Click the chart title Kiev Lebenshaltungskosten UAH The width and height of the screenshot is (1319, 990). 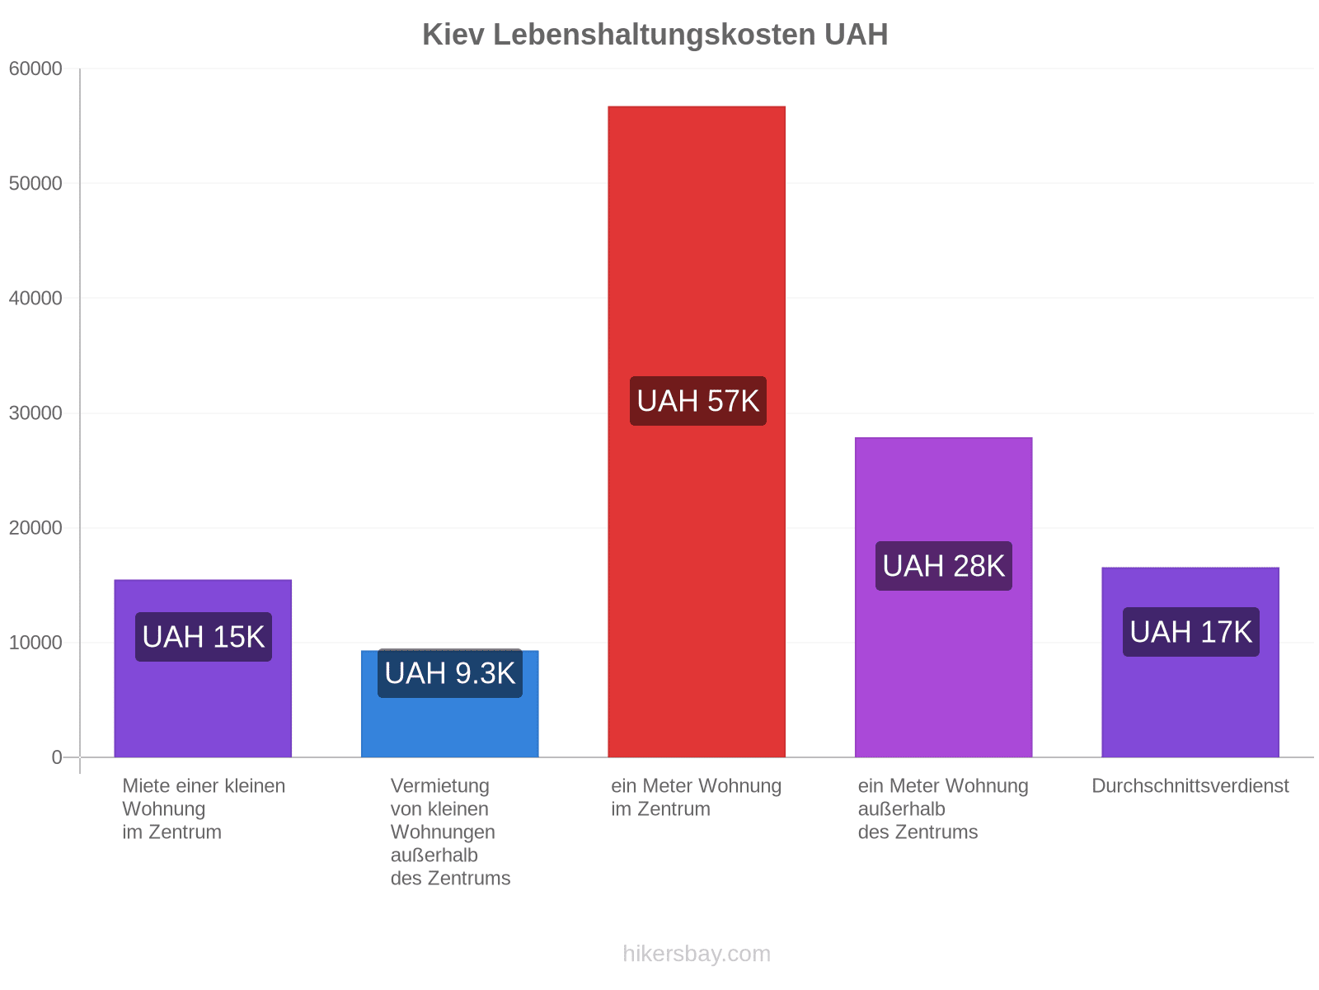tap(655, 35)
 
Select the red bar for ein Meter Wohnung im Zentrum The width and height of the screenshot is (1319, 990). tap(697, 431)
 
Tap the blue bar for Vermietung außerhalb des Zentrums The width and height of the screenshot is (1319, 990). tap(449, 704)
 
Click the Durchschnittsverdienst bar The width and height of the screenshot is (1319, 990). tap(1190, 662)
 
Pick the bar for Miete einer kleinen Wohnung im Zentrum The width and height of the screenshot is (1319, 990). tap(203, 668)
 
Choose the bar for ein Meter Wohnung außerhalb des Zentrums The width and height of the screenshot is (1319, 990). tap(943, 597)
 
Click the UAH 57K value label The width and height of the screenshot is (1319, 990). tap(697, 401)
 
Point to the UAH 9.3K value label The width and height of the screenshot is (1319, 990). tap(449, 673)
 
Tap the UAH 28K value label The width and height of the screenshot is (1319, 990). tap(943, 566)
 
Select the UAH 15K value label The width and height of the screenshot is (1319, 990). tap(204, 637)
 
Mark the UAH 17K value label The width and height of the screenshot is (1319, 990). tap(1190, 632)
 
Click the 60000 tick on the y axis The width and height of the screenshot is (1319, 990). tap(35, 68)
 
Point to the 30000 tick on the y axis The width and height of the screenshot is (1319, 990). tap(35, 413)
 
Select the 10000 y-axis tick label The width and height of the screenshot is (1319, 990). tap(35, 643)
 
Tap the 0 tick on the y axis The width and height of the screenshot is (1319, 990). tap(57, 757)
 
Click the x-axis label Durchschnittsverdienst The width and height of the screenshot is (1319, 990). tap(1190, 785)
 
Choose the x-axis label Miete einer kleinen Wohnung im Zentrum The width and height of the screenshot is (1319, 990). tap(204, 809)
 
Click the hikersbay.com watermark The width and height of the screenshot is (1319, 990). tap(697, 954)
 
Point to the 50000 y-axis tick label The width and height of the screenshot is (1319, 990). tap(35, 183)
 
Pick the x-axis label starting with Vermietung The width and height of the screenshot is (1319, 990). tap(450, 832)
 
